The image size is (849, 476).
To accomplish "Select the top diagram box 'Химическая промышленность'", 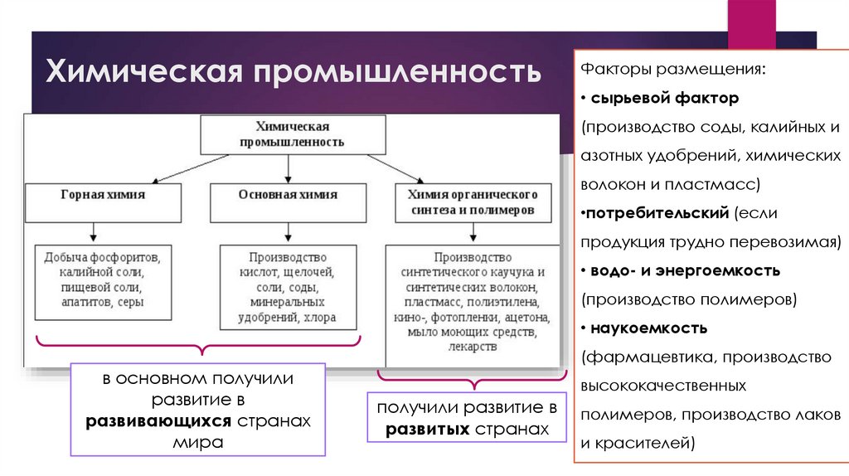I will (x=292, y=134).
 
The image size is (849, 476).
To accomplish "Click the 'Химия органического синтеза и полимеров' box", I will (x=471, y=202).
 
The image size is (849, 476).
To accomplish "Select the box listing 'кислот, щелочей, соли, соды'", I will (x=288, y=287).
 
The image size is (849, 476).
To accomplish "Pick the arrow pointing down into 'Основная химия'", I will (x=288, y=168).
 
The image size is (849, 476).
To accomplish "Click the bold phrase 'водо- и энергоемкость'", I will (x=685, y=270).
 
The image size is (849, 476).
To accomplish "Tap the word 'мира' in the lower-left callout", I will (x=197, y=442).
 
